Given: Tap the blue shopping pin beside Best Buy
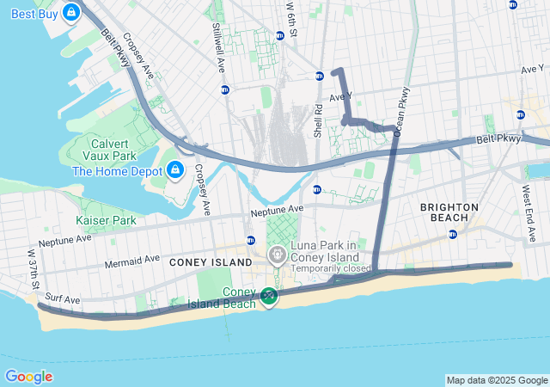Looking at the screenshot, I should pyautogui.click(x=71, y=12).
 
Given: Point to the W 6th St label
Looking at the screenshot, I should pyautogui.click(x=292, y=21).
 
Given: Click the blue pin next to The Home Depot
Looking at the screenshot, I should pyautogui.click(x=175, y=169).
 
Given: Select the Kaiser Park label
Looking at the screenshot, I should pyautogui.click(x=106, y=221).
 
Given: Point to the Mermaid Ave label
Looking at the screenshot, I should pyautogui.click(x=134, y=257).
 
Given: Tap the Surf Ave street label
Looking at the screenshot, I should pyautogui.click(x=63, y=299).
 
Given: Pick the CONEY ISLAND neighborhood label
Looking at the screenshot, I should pyautogui.click(x=211, y=261).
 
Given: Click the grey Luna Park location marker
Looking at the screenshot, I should pyautogui.click(x=278, y=255).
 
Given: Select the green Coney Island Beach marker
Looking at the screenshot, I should pyautogui.click(x=269, y=297).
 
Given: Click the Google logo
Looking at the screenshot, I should pyautogui.click(x=28, y=377).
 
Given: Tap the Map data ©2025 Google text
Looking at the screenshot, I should pyautogui.click(x=497, y=380).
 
